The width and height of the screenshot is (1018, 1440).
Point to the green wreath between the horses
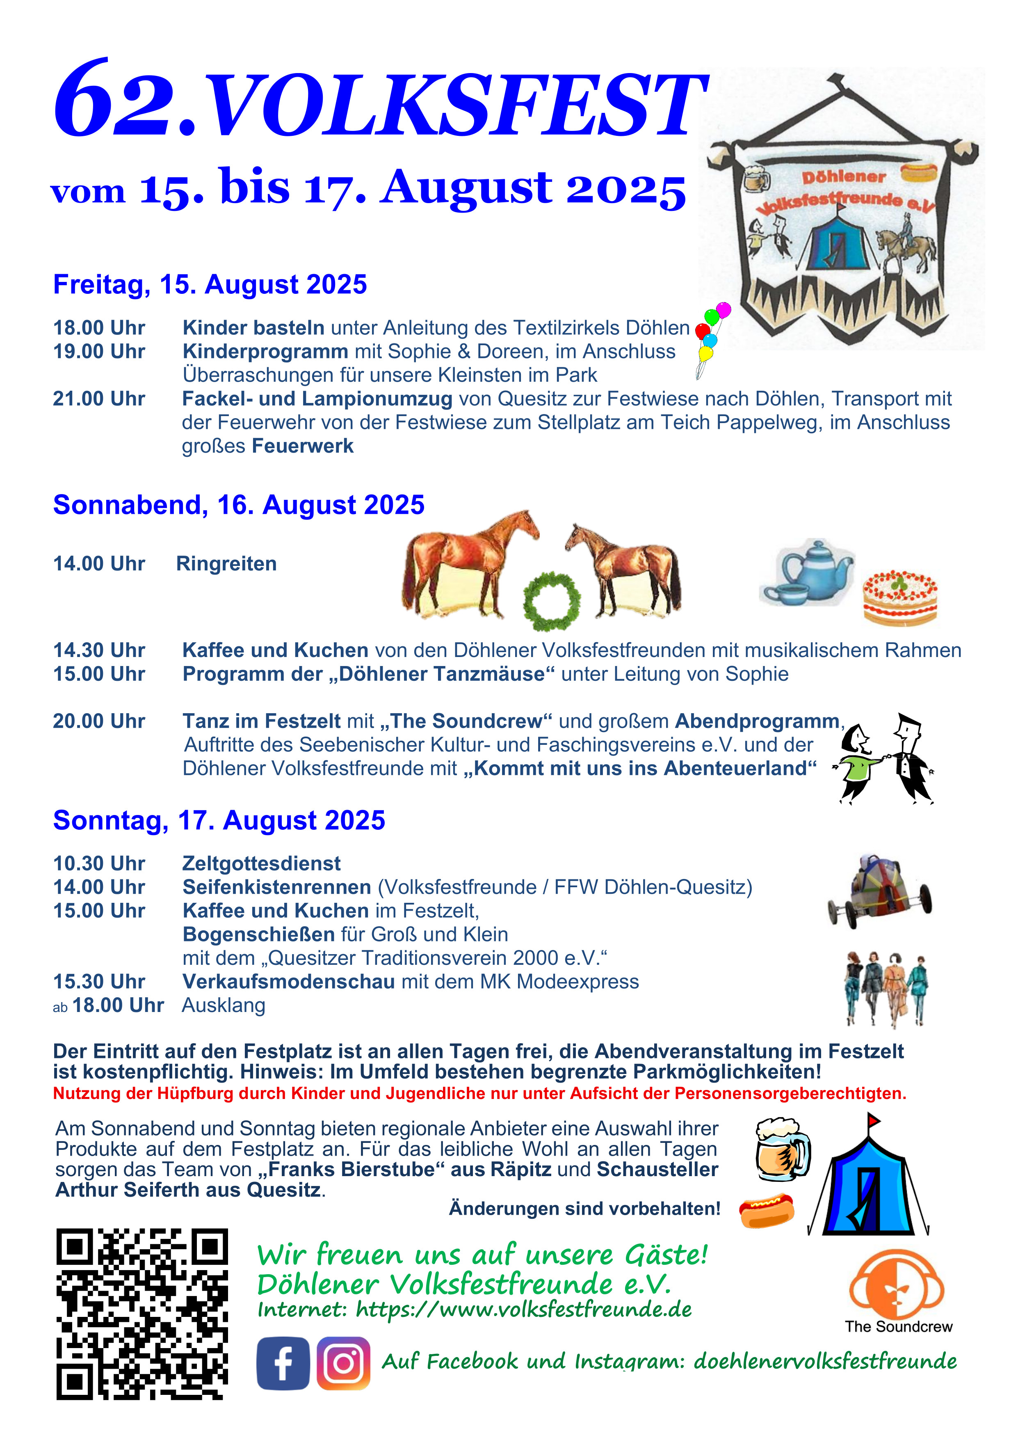click(552, 600)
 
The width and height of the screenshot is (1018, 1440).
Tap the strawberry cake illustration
click(900, 597)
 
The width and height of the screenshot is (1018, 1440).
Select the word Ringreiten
click(226, 564)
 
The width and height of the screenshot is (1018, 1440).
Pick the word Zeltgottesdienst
click(261, 863)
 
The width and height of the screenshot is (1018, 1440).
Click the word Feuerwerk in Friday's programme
click(303, 446)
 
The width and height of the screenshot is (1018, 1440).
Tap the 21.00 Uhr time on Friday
click(99, 399)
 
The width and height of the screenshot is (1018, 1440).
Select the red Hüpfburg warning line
click(479, 1093)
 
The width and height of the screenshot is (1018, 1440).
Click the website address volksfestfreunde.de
click(523, 1310)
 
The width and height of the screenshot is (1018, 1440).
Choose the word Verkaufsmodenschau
click(288, 982)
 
